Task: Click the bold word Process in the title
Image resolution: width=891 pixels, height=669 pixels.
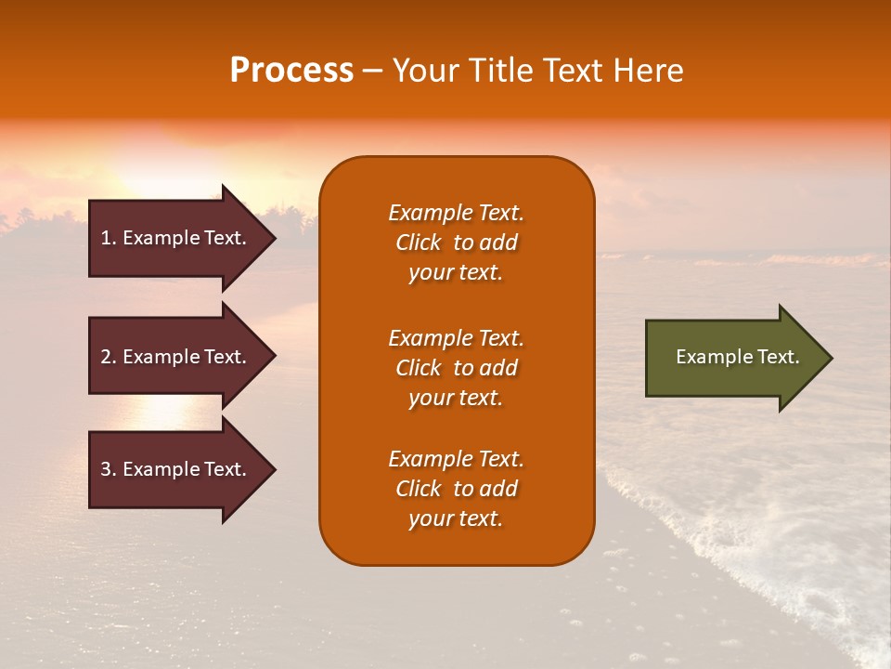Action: point(291,71)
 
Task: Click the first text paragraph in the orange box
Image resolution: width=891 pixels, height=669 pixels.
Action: point(456,243)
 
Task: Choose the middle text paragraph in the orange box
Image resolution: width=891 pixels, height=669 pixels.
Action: point(456,368)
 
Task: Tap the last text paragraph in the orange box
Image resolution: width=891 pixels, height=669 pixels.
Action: point(456,489)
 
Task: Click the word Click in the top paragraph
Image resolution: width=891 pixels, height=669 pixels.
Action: point(419,243)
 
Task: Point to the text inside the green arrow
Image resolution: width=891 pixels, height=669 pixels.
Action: point(737,357)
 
